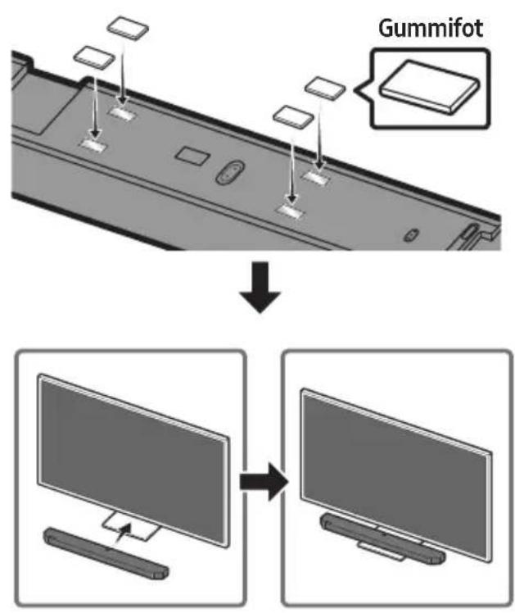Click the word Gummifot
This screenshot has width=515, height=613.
[x=431, y=28]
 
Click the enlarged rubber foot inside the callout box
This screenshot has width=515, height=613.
[x=430, y=87]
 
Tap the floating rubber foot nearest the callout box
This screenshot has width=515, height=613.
[x=325, y=88]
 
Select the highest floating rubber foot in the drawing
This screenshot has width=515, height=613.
[x=128, y=27]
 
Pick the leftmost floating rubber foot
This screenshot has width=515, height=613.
[x=94, y=57]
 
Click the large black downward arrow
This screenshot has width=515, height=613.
[x=260, y=287]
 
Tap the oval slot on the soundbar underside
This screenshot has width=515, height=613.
[x=230, y=172]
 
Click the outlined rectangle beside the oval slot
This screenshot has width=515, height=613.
[x=192, y=155]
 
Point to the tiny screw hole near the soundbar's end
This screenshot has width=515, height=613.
[x=410, y=235]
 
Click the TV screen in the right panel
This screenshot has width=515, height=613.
[x=396, y=472]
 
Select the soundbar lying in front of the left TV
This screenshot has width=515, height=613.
[x=106, y=552]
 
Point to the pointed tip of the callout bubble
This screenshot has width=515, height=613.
[x=355, y=89]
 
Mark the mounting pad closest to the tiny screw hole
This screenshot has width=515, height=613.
[x=290, y=211]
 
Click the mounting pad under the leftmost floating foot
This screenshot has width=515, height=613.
[x=93, y=144]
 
